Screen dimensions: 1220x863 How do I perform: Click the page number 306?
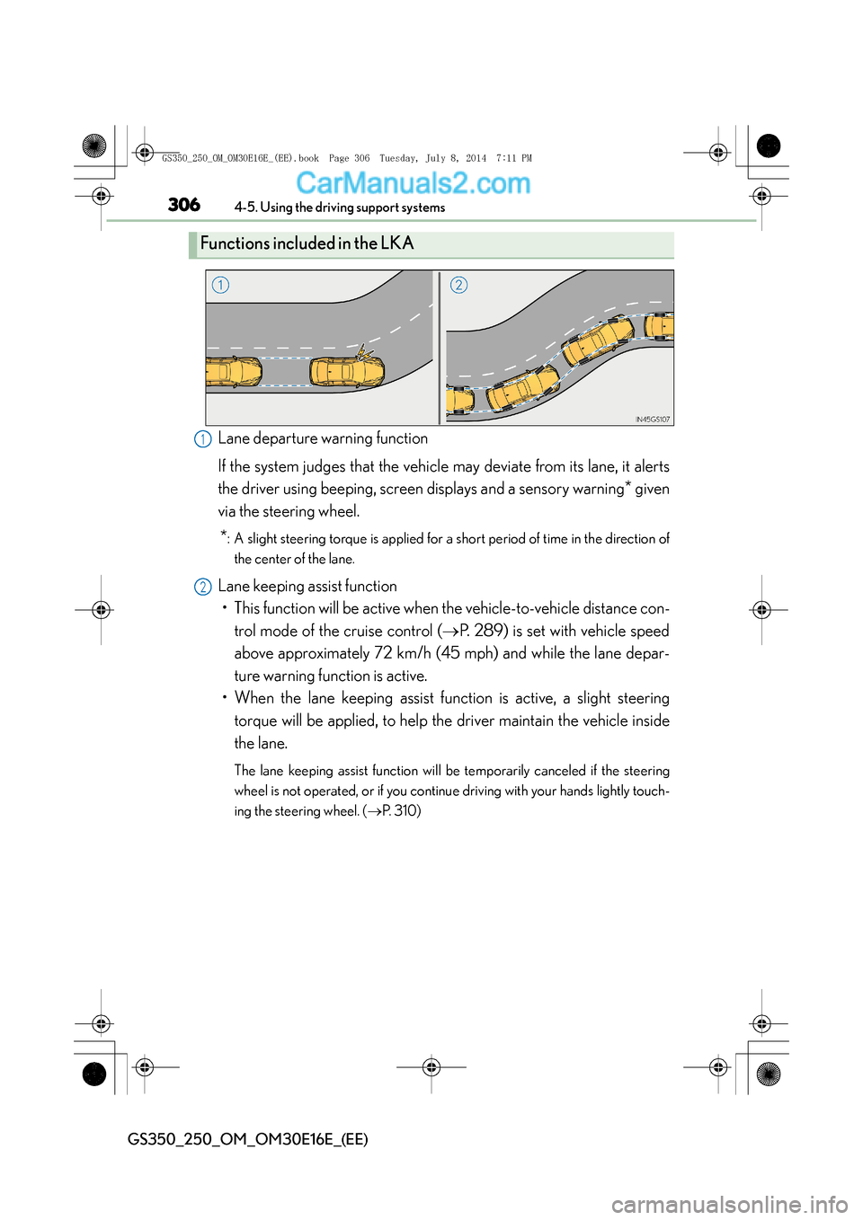(184, 205)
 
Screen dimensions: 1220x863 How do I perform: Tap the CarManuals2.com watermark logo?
(413, 183)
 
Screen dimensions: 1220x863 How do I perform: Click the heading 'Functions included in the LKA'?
(307, 243)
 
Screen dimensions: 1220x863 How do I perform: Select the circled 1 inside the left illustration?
(220, 285)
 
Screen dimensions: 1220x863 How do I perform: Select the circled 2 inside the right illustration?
(458, 285)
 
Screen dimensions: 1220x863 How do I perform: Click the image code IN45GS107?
(653, 420)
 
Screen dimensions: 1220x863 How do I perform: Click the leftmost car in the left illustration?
(233, 371)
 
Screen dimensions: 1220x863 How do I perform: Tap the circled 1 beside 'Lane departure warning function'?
(203, 439)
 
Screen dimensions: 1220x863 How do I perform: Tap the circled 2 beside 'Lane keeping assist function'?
(203, 587)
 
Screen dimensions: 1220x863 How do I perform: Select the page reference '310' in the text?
(405, 811)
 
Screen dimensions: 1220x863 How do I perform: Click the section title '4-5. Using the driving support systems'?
(340, 208)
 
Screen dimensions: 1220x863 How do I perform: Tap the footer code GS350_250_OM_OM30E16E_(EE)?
(248, 1139)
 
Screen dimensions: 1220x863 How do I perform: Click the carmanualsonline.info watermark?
(729, 1204)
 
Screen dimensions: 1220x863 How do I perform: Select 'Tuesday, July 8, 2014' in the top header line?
(432, 158)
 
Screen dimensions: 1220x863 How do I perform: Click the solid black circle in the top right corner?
(769, 146)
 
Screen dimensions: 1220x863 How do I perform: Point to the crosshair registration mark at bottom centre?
(431, 1067)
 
